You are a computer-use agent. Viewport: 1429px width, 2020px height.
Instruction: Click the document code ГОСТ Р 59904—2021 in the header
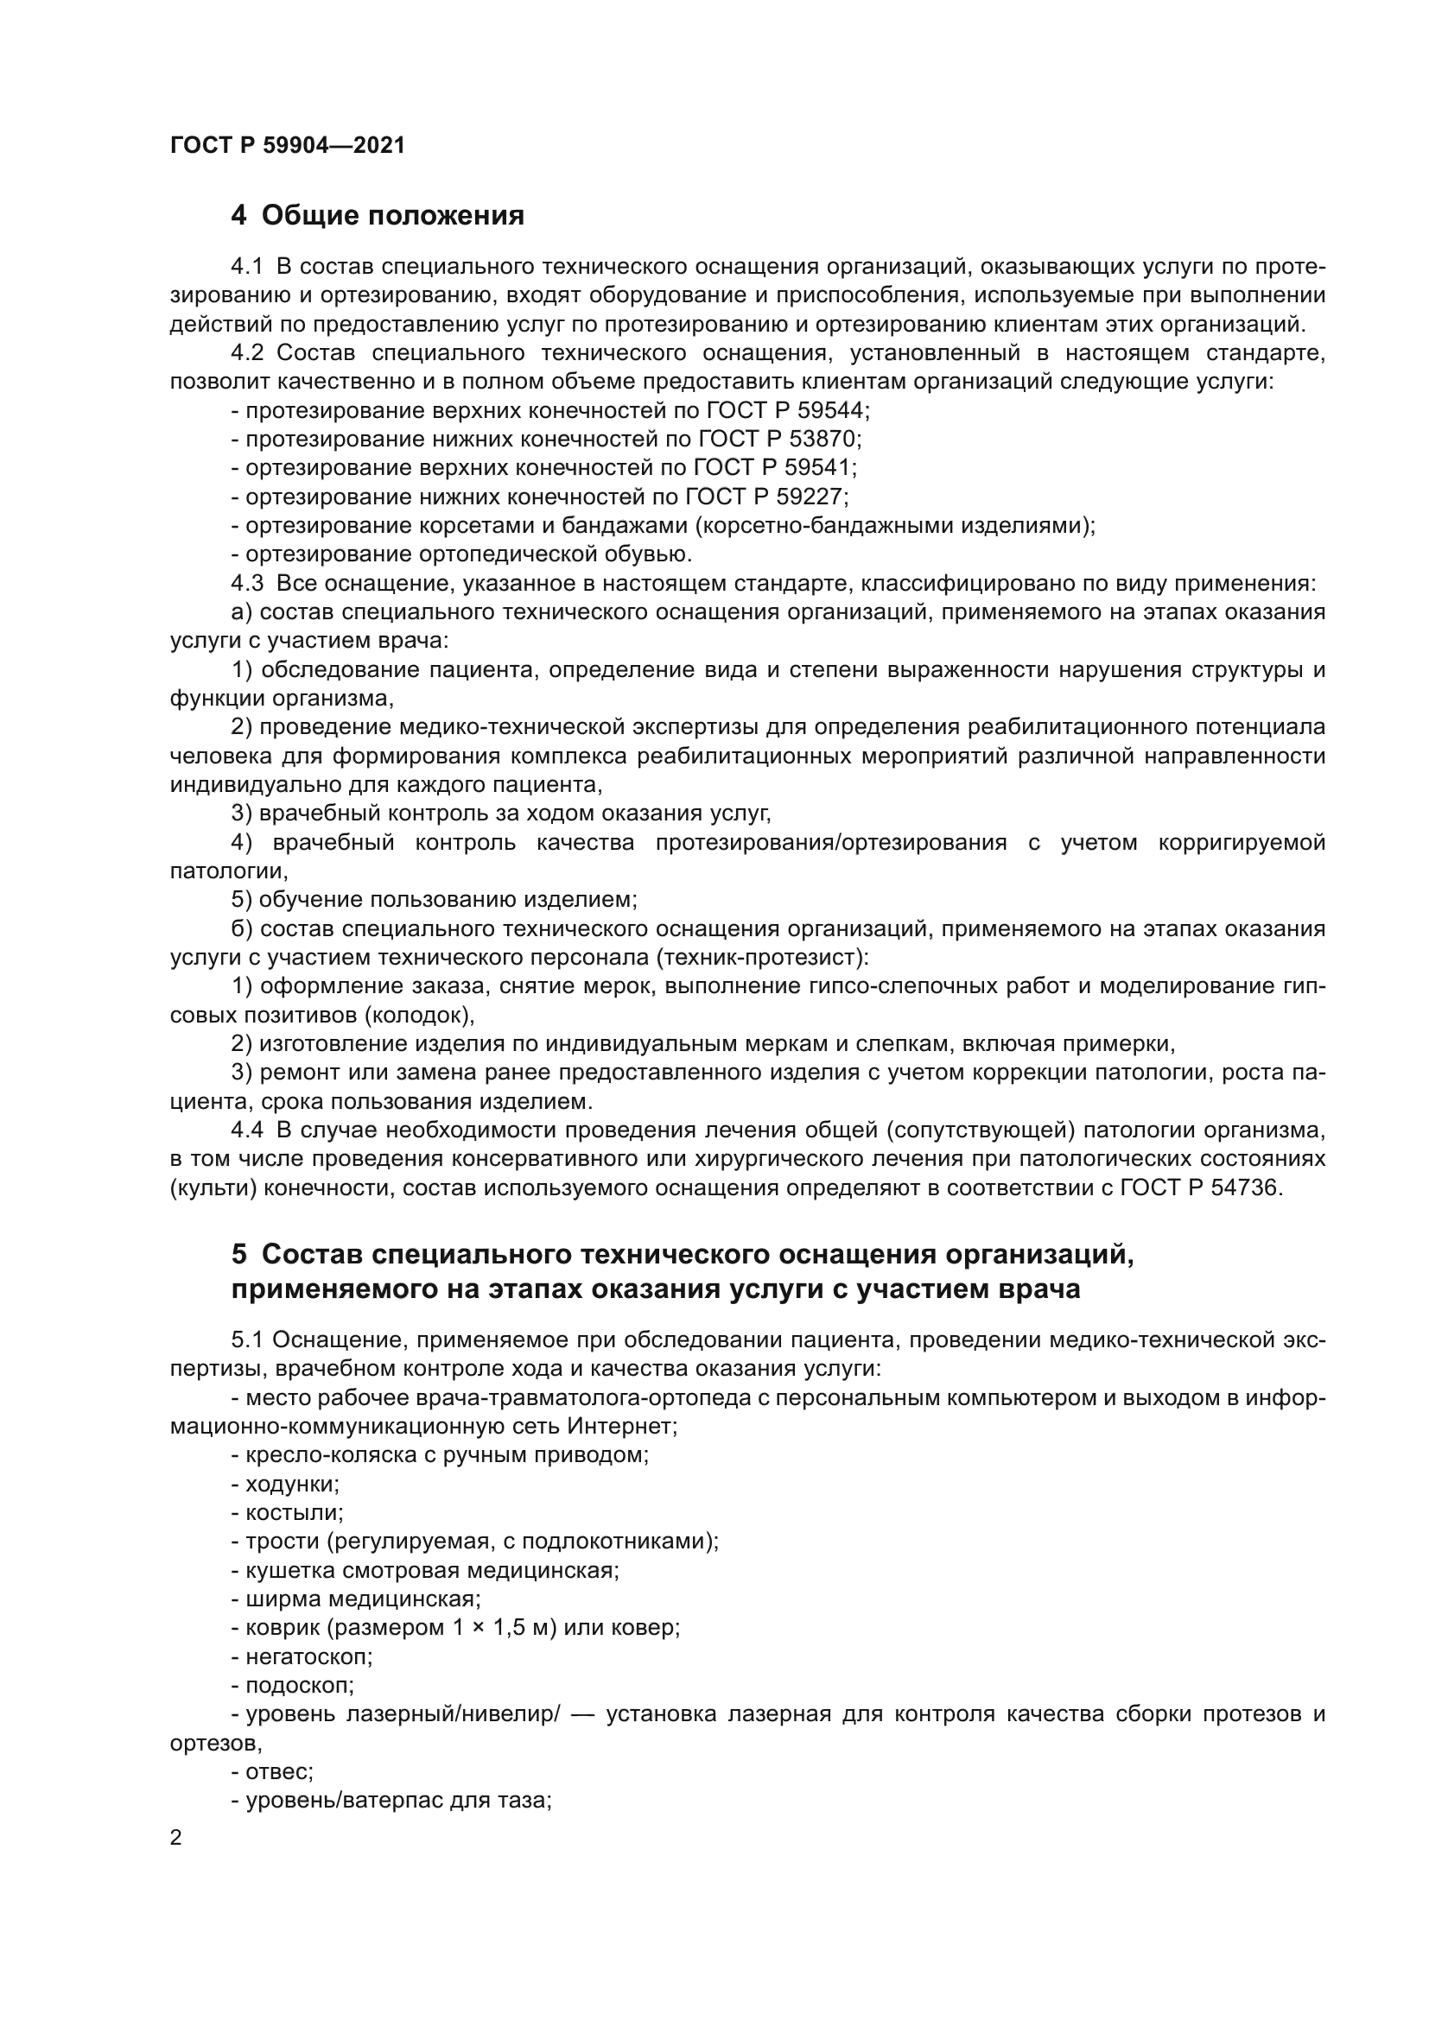click(x=287, y=146)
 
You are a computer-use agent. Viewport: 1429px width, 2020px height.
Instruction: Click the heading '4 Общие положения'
click(x=378, y=216)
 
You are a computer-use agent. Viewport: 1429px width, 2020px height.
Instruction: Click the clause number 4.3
click(x=247, y=583)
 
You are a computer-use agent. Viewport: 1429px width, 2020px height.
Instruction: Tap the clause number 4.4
click(x=247, y=1130)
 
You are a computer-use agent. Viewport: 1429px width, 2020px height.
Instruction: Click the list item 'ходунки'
click(x=291, y=1485)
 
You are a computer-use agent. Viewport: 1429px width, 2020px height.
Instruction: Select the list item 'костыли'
click(x=293, y=1513)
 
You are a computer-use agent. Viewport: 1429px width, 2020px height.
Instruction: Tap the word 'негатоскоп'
click(x=308, y=1657)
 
